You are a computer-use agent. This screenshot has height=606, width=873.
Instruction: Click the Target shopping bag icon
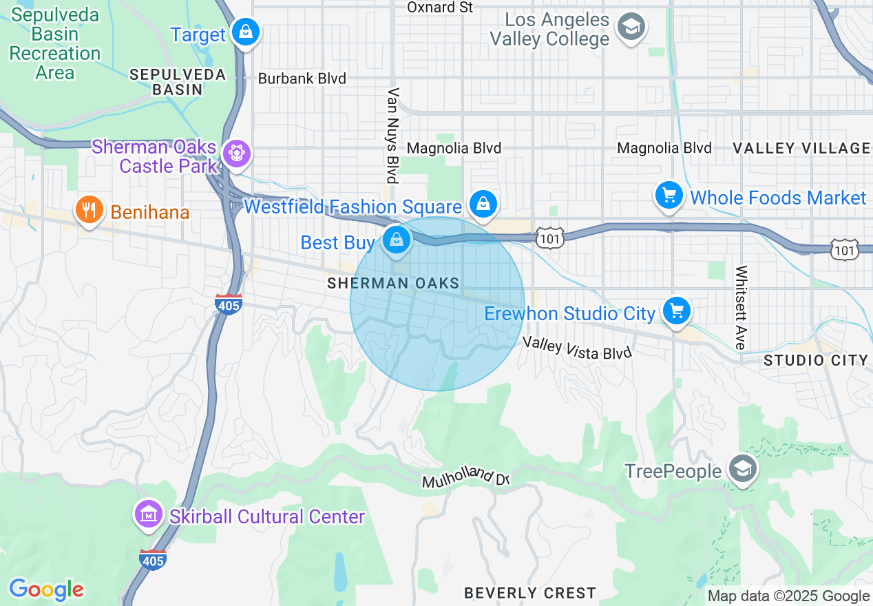coord(244,32)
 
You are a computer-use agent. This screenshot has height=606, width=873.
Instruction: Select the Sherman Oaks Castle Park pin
coord(237,152)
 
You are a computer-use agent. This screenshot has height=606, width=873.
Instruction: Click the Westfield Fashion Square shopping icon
coord(483,204)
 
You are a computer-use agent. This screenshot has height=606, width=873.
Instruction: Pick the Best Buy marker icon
coord(397,240)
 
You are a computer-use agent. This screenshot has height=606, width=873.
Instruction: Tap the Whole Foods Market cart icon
coord(669,196)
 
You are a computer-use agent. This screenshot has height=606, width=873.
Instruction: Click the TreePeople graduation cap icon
coord(743,470)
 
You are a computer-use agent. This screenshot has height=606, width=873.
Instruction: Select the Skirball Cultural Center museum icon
coord(147,514)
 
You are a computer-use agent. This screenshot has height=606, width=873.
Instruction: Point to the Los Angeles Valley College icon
coord(631,28)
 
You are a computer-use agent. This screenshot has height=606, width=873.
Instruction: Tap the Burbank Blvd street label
coord(302,79)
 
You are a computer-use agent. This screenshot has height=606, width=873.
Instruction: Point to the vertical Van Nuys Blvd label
coord(393,136)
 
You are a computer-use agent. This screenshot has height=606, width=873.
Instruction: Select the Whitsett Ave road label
coord(741,308)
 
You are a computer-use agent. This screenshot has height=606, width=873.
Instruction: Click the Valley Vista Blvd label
coord(577,347)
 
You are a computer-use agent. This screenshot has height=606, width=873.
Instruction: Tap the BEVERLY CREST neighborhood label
coord(529,593)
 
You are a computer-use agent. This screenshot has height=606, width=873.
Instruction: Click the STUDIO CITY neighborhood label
coord(816,360)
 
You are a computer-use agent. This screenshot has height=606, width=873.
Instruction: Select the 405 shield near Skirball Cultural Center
coord(152,559)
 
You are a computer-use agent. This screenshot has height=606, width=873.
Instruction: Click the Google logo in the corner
coord(46,589)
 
